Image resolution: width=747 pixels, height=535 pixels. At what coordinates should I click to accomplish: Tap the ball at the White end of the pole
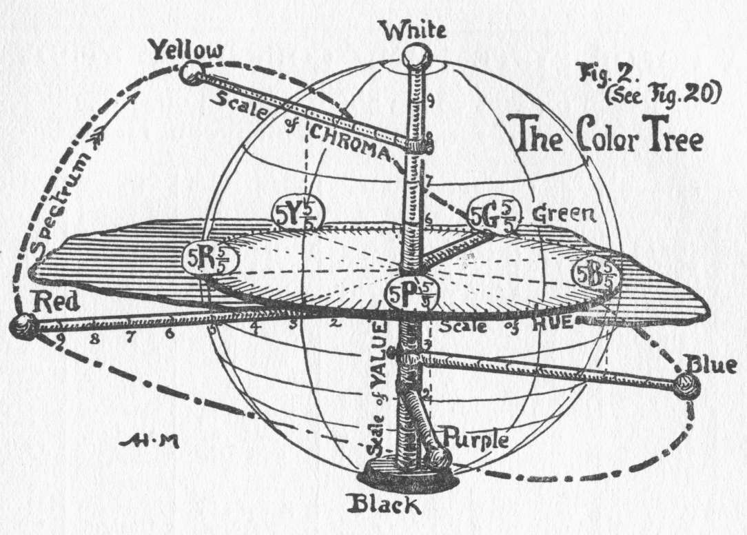[416, 55]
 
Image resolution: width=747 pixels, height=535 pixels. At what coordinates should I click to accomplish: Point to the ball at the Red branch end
[25, 326]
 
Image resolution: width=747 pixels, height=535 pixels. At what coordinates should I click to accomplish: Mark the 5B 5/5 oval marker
[596, 274]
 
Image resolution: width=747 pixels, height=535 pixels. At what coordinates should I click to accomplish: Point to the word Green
[563, 215]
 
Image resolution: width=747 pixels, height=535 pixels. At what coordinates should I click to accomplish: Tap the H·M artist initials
[149, 442]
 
